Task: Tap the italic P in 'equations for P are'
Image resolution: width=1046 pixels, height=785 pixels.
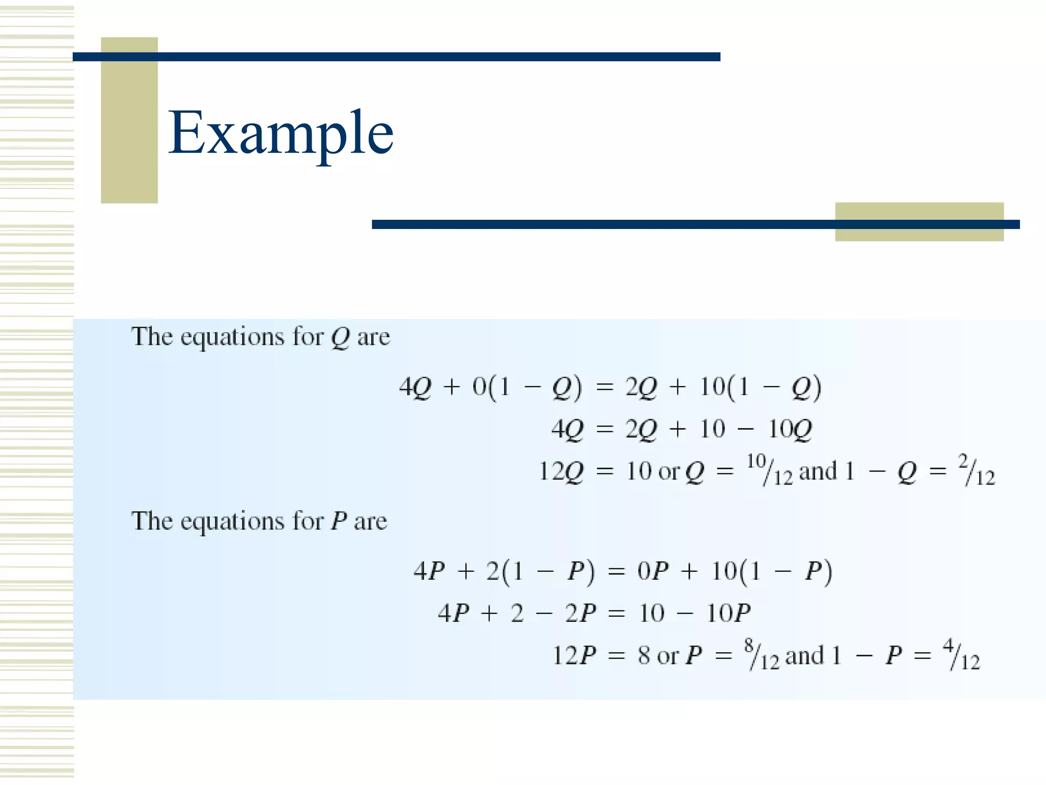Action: [339, 521]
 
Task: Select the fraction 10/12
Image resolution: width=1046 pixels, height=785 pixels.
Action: [769, 469]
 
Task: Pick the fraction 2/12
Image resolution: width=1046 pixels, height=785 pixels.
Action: [976, 469]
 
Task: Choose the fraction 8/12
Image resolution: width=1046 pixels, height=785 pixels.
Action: [762, 654]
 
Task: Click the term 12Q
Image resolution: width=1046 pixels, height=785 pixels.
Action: [561, 471]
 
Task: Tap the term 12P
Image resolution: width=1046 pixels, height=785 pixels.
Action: [574, 655]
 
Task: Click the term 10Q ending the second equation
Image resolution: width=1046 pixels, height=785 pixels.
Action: [790, 429]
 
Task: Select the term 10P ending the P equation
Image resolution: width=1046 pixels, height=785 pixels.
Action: [728, 613]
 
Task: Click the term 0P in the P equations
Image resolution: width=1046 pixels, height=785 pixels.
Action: [653, 571]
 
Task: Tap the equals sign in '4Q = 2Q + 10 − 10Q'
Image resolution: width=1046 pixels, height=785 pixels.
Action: [604, 429]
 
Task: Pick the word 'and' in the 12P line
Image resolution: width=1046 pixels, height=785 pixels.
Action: [804, 656]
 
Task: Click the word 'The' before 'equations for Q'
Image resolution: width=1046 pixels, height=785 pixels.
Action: [152, 337]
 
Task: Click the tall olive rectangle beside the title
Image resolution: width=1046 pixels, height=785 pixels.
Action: [129, 120]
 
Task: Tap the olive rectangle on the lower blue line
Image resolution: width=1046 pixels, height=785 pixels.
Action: [919, 222]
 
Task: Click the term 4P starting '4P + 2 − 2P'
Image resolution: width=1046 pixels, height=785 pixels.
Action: [454, 613]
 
